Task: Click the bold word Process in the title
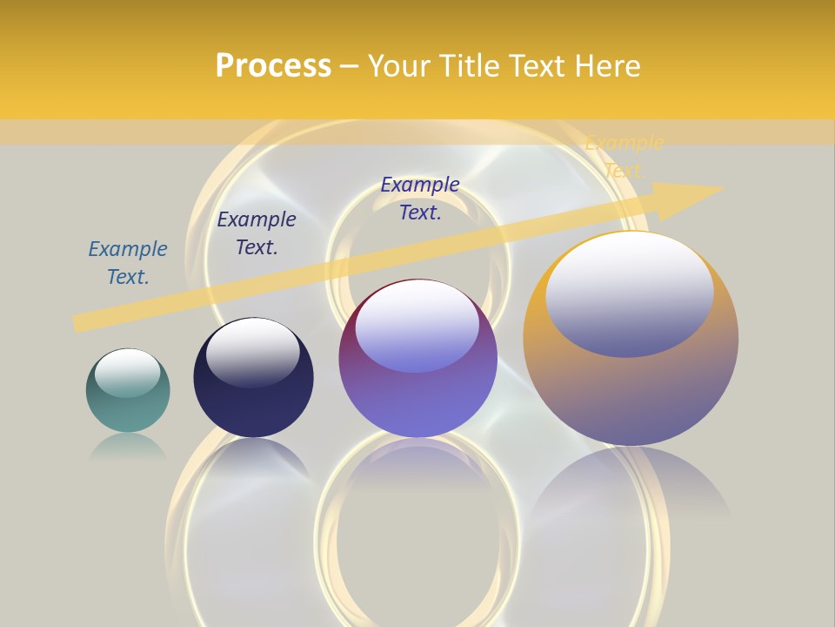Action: pos(273,65)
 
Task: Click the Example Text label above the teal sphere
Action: pos(128,263)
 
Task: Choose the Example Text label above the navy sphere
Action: pos(257,233)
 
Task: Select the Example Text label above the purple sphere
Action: pos(420,199)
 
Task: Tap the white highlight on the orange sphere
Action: pos(629,292)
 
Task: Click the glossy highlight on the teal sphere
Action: pos(128,373)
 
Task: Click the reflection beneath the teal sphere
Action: pos(128,447)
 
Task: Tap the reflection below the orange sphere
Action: pos(631,488)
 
